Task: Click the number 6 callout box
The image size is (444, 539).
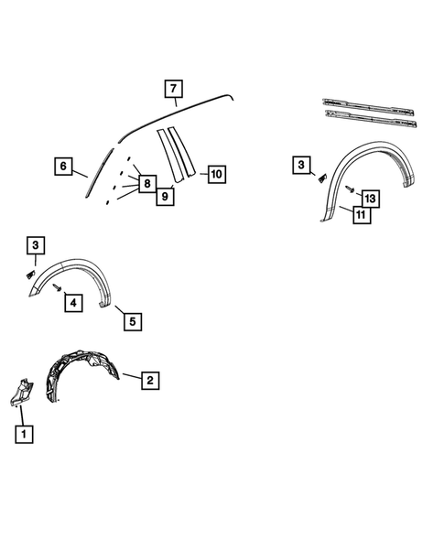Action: [63, 167]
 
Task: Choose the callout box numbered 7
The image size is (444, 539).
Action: [173, 89]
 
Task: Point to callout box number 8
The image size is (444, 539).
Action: [146, 184]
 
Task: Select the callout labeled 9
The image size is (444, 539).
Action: [166, 196]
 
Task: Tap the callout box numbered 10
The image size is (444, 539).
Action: [216, 173]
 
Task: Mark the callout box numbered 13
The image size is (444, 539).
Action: [369, 198]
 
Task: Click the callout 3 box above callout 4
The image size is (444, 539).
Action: [35, 245]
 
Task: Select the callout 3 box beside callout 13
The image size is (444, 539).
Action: [301, 165]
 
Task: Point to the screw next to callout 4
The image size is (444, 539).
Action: [56, 287]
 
